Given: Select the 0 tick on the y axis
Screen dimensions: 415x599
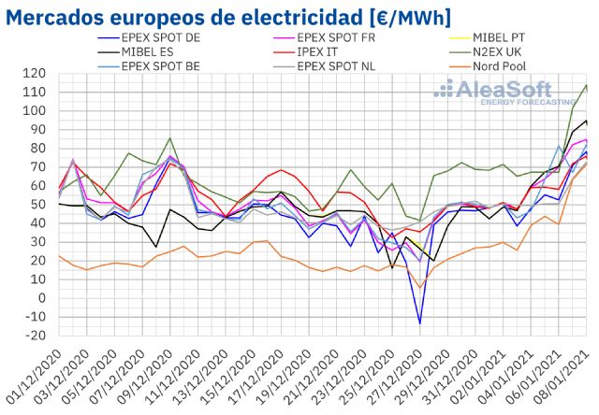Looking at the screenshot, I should [44, 298].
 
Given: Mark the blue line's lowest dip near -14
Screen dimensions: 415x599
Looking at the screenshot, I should [419, 323].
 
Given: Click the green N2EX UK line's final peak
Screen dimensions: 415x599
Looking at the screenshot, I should [586, 85].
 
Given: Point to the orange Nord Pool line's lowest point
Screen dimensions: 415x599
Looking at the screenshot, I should [419, 287].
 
